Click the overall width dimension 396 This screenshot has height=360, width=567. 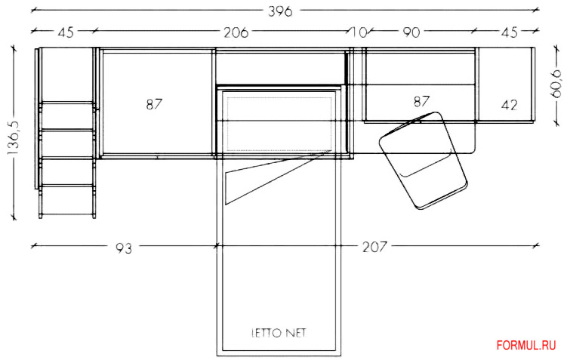280,11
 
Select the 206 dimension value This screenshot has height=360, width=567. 236,32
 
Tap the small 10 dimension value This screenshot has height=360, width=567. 359,32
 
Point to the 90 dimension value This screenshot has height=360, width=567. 411,32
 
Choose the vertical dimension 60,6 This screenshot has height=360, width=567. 556,84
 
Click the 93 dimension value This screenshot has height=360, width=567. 124,248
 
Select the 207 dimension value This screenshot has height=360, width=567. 374,248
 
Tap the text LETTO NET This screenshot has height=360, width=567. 279,333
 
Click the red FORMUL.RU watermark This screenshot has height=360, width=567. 526,346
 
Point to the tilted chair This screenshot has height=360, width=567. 424,161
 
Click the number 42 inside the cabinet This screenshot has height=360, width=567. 509,105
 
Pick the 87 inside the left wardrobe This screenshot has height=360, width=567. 154,104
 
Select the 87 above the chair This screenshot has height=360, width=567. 421,102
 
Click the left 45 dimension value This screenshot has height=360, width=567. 66,32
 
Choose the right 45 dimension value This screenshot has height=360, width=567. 509,32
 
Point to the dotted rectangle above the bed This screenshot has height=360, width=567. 279,125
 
